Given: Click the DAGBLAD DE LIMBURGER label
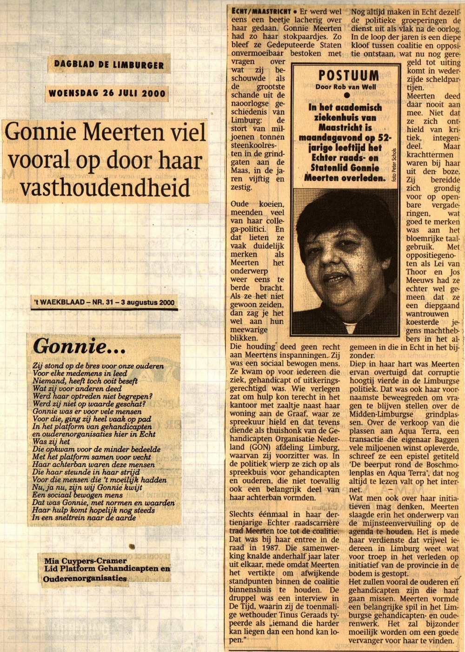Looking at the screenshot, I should pyautogui.click(x=109, y=64).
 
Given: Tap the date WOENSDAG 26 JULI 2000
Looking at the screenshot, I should pyautogui.click(x=106, y=93).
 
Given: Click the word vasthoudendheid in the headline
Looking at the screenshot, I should pyautogui.click(x=105, y=188).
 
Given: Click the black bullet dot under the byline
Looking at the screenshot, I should pyautogui.click(x=346, y=96).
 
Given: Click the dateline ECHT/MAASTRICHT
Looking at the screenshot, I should pyautogui.click(x=260, y=11).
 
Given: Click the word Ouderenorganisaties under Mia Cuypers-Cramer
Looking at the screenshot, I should pyautogui.click(x=85, y=579).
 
